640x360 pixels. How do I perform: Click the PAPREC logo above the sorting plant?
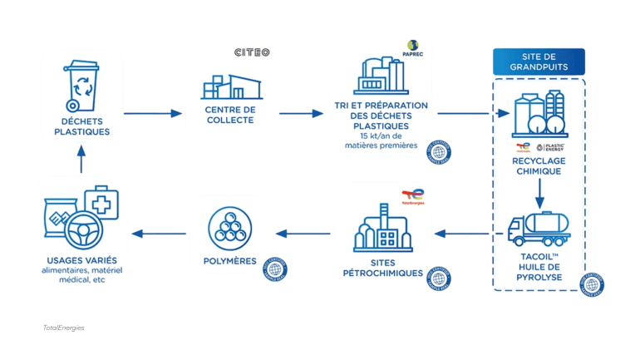(x=413, y=45)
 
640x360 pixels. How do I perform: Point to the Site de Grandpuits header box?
(x=539, y=62)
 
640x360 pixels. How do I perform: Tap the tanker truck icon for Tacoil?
(x=539, y=226)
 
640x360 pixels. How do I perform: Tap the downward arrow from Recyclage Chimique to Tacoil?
(x=539, y=192)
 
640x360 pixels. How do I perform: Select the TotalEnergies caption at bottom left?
(x=63, y=328)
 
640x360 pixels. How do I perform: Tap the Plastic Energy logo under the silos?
(x=553, y=148)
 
